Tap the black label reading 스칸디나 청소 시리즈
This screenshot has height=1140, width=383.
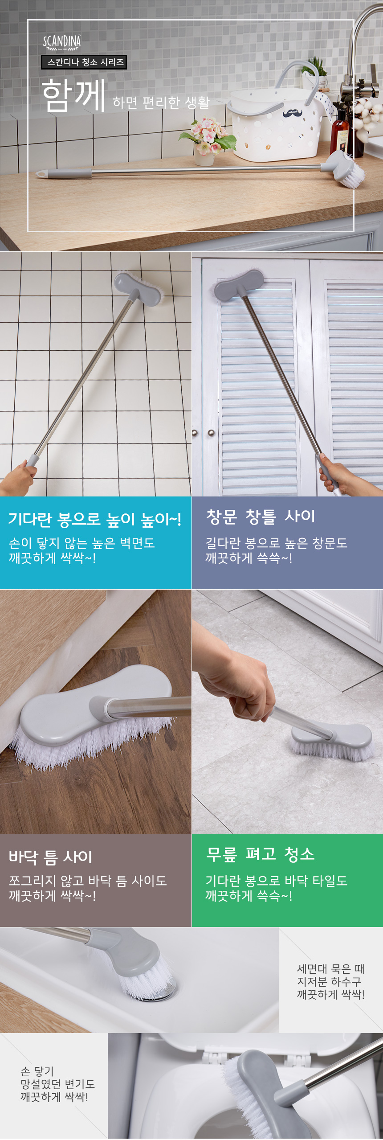[84, 62]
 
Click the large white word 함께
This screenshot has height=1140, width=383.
[74, 94]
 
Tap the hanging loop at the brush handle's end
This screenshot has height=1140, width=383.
[41, 173]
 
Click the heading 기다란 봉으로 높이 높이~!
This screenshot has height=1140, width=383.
[95, 519]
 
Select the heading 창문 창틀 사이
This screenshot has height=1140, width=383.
[261, 516]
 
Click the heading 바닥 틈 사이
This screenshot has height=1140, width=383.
[50, 856]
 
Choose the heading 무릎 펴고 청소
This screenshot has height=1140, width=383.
[260, 854]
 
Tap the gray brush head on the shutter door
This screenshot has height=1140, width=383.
[237, 284]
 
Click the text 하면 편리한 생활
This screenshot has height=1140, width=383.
[161, 103]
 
